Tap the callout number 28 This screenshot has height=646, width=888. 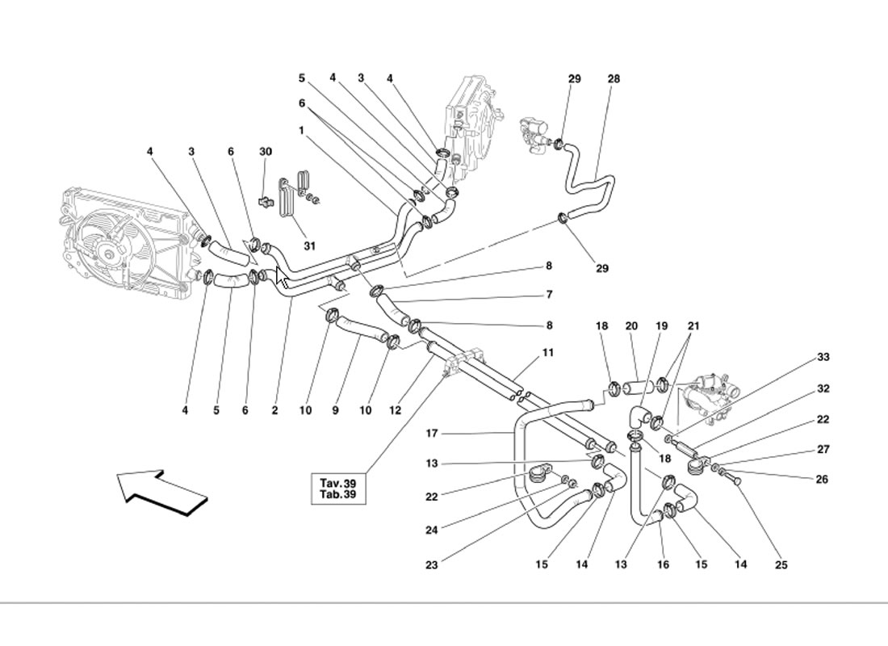[614, 79]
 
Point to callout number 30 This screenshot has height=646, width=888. [266, 152]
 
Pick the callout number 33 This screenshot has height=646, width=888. [823, 357]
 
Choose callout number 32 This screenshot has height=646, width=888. [823, 388]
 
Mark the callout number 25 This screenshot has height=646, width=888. [780, 565]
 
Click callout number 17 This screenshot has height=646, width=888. [432, 434]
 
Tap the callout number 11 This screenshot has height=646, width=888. [548, 353]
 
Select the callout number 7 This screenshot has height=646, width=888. [548, 295]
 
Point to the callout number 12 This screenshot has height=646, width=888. [396, 411]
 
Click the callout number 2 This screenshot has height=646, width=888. [274, 411]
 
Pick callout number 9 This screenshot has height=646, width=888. [335, 411]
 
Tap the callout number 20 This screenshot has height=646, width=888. [631, 326]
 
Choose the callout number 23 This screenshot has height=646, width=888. [432, 565]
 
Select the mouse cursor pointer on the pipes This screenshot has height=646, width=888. [282, 277]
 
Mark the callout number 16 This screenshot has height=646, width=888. [663, 565]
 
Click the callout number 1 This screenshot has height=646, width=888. [301, 129]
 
